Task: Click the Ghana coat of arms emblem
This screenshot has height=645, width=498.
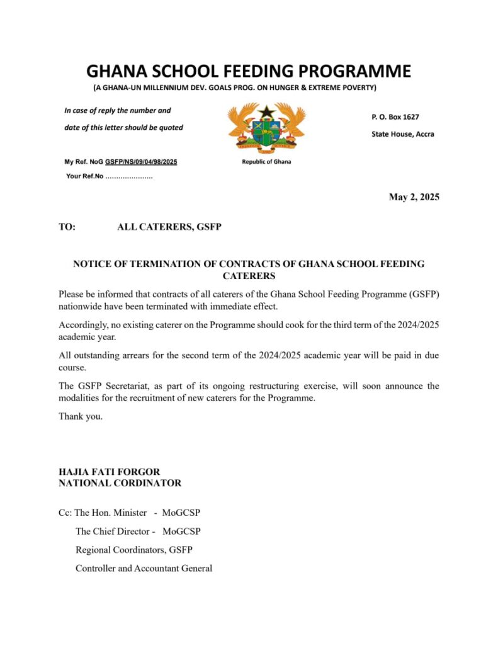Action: coord(266,127)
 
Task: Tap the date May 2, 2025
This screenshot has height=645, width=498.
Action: coord(414,197)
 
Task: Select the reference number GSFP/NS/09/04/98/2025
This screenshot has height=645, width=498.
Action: coord(141,162)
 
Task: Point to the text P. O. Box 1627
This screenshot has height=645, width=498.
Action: coord(395,117)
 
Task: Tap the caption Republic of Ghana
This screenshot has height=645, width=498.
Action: coord(266,162)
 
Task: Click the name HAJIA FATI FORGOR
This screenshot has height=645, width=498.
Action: coord(109,472)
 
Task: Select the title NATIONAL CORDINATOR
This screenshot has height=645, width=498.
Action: coord(120,483)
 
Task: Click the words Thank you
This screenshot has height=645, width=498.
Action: coord(80,416)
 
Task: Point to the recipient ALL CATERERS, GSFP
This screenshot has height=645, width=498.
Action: coord(169,227)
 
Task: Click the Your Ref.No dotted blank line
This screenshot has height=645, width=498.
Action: coord(128,176)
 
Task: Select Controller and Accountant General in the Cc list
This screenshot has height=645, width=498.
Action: coord(144,568)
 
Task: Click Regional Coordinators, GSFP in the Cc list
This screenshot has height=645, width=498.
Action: coord(134,550)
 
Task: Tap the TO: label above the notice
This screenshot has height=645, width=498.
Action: coord(67,227)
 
